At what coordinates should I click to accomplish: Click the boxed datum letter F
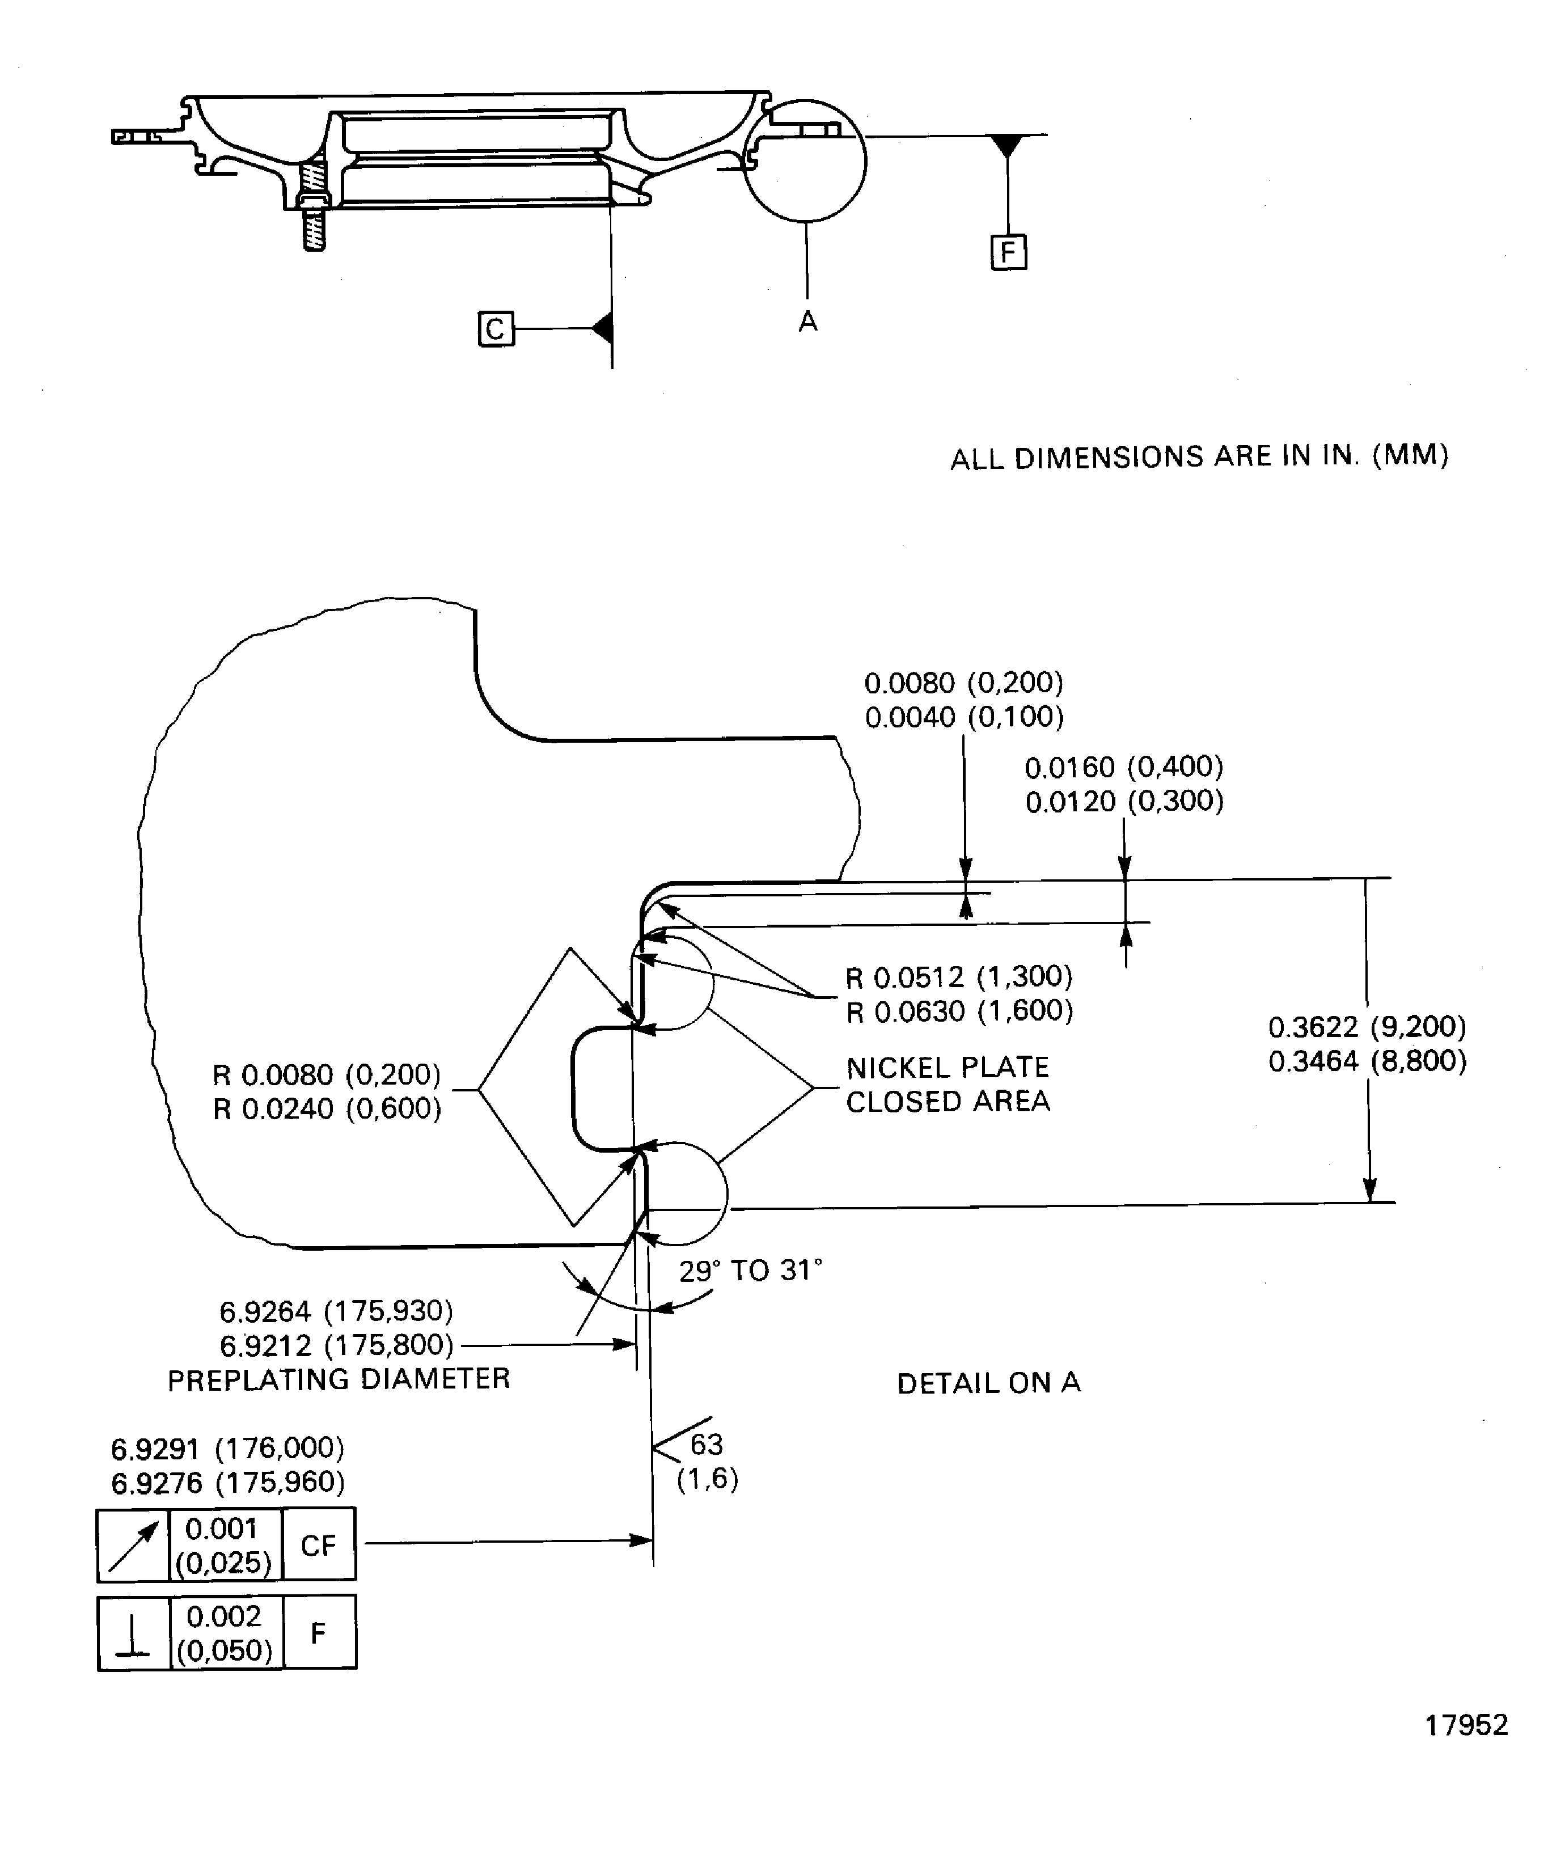click(x=1008, y=253)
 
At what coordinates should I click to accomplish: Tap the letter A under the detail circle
click(x=808, y=323)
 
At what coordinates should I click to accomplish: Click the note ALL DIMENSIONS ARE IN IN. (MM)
click(x=1199, y=457)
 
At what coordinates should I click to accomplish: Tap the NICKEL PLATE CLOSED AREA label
click(x=948, y=1085)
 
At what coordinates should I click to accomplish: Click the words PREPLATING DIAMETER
click(x=339, y=1379)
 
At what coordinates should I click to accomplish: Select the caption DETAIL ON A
click(x=988, y=1383)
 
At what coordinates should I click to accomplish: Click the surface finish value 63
click(x=707, y=1444)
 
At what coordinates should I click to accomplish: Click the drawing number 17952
click(x=1466, y=1725)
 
